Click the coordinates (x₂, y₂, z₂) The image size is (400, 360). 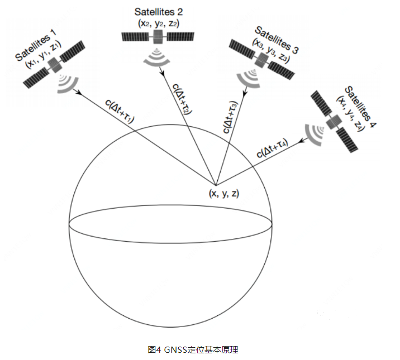tap(158, 23)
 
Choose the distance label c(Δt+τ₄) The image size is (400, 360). tap(273, 150)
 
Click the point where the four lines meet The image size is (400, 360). tap(216, 184)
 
